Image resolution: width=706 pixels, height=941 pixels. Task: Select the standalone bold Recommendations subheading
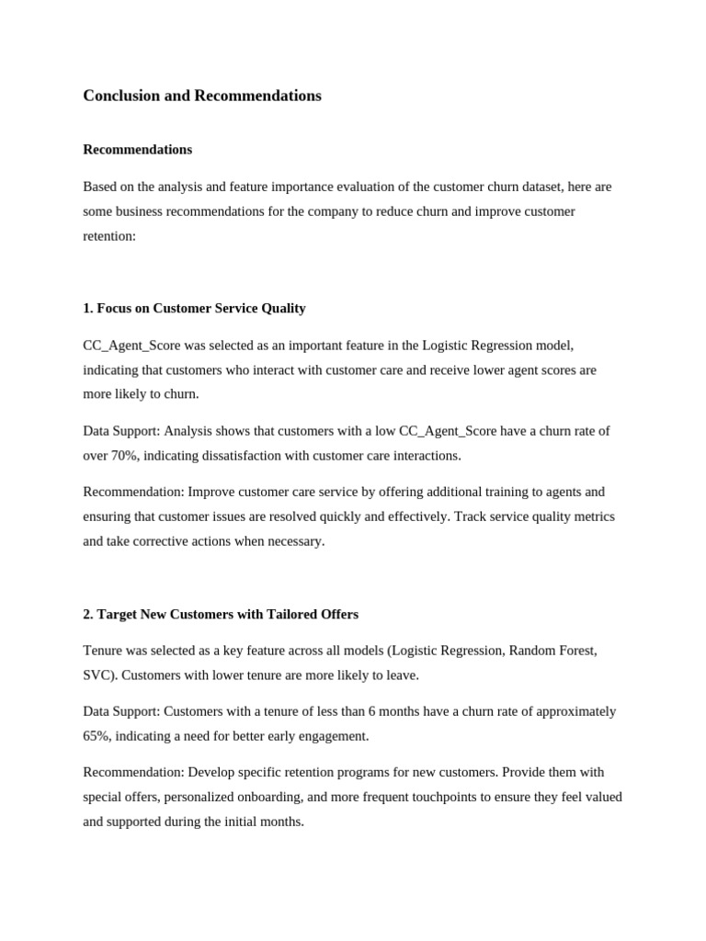click(138, 149)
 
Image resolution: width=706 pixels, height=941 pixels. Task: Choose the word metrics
click(592, 516)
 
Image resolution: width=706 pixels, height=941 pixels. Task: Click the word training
click(504, 492)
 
